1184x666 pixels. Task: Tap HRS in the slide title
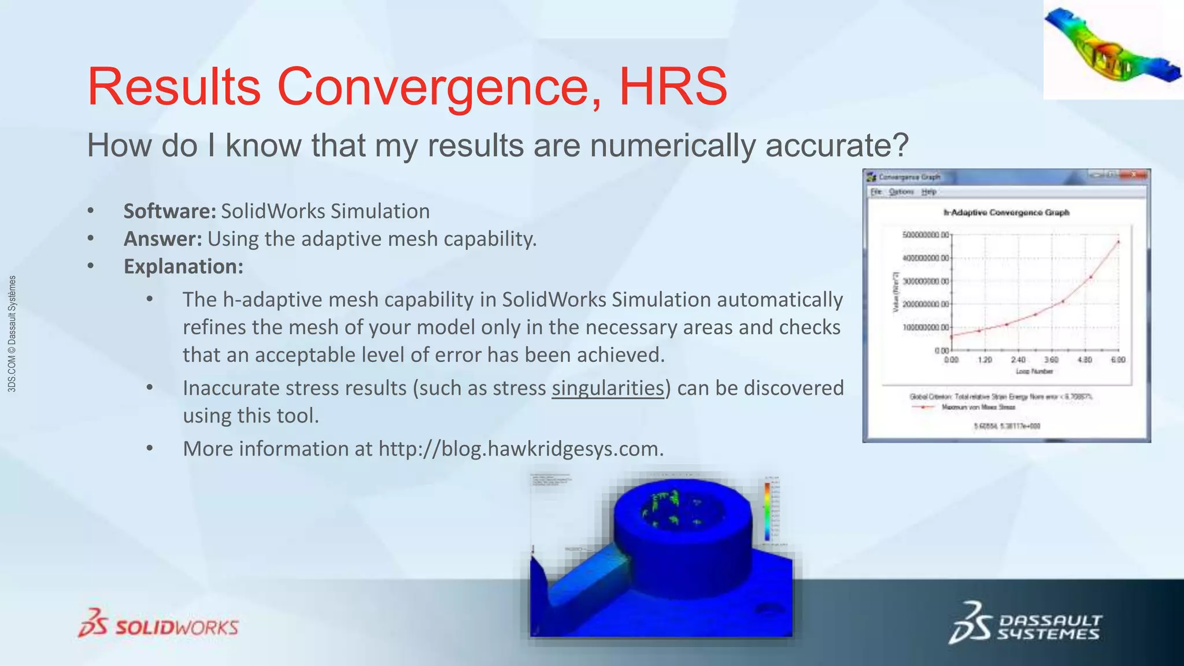point(673,87)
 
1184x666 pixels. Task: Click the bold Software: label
point(169,211)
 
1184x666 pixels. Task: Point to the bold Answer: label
point(162,239)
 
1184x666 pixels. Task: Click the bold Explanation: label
point(183,267)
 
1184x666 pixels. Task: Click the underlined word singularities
point(608,388)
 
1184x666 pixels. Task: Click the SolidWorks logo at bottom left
point(158,624)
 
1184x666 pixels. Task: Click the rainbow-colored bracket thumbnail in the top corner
point(1112,50)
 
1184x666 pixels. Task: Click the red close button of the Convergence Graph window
point(1134,175)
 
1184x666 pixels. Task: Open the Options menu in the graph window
point(901,192)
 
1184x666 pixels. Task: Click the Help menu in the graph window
point(928,192)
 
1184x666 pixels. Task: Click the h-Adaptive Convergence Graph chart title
point(1006,213)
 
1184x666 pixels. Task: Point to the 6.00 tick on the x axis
point(1118,360)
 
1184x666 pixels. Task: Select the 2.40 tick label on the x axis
point(1018,360)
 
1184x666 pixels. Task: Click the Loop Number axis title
point(1034,371)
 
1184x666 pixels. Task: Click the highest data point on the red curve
point(1119,242)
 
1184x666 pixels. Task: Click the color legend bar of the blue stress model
point(767,512)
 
